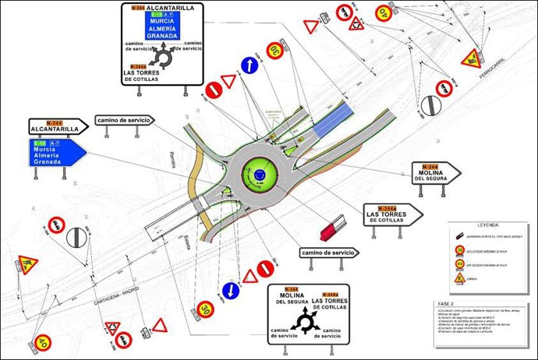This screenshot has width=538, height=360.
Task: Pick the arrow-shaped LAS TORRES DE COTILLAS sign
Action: pos(392,214)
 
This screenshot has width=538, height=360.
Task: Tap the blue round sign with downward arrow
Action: pos(230,290)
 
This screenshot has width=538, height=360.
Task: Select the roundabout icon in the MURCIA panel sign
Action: pos(163,55)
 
